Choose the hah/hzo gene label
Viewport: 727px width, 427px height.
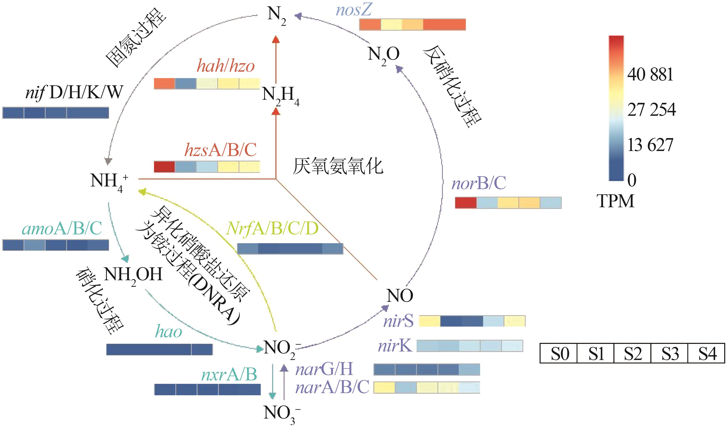226,66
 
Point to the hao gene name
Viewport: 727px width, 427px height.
169,332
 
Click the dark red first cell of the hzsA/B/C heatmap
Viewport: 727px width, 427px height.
164,167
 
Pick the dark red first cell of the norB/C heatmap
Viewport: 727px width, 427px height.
466,203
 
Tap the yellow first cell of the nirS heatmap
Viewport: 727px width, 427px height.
429,321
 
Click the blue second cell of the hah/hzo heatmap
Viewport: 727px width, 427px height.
186,84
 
